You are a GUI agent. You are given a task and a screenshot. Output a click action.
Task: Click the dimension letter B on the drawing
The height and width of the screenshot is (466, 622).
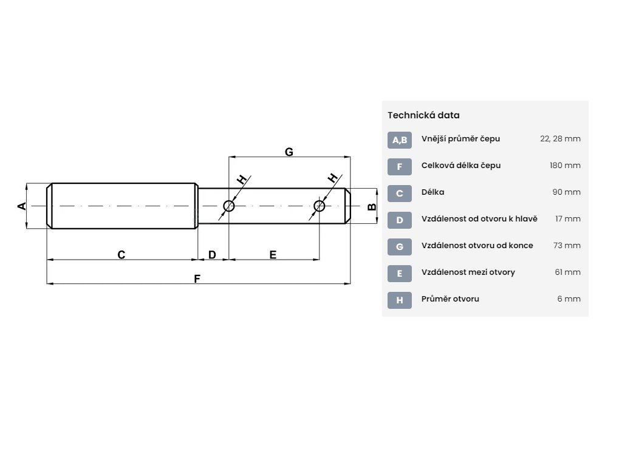tap(372, 207)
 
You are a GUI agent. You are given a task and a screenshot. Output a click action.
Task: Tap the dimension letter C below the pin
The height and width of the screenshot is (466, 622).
tap(121, 255)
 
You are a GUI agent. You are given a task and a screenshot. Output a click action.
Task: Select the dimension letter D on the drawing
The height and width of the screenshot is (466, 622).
tap(212, 255)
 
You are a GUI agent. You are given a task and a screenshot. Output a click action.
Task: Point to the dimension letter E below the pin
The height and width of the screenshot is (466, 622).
tap(273, 255)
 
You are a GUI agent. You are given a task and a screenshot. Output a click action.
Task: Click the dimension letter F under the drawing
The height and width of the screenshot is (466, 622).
tap(197, 279)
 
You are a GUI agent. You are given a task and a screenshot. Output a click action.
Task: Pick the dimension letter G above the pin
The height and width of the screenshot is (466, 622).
tap(289, 152)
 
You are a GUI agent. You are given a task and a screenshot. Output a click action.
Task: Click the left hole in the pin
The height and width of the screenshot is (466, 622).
tap(229, 206)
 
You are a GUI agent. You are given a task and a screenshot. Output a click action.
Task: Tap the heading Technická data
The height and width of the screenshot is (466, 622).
tap(423, 115)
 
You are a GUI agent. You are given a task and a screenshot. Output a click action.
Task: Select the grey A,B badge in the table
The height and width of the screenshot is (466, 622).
tap(400, 140)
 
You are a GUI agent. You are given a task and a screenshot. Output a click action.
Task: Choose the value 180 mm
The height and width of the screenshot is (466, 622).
tap(565, 166)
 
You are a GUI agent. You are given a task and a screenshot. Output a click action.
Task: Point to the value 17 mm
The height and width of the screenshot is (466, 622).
tap(568, 219)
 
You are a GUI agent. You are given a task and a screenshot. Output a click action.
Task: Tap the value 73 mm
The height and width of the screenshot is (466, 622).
tap(567, 246)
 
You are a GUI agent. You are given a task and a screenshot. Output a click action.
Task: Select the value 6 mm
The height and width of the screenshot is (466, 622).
tap(570, 299)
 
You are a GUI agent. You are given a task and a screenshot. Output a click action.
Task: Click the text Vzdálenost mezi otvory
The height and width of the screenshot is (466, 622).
tap(468, 272)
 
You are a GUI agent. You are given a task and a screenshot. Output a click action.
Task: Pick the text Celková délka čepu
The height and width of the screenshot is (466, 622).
tap(461, 166)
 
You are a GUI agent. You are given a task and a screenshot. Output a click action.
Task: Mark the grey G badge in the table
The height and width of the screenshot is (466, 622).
tap(400, 247)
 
